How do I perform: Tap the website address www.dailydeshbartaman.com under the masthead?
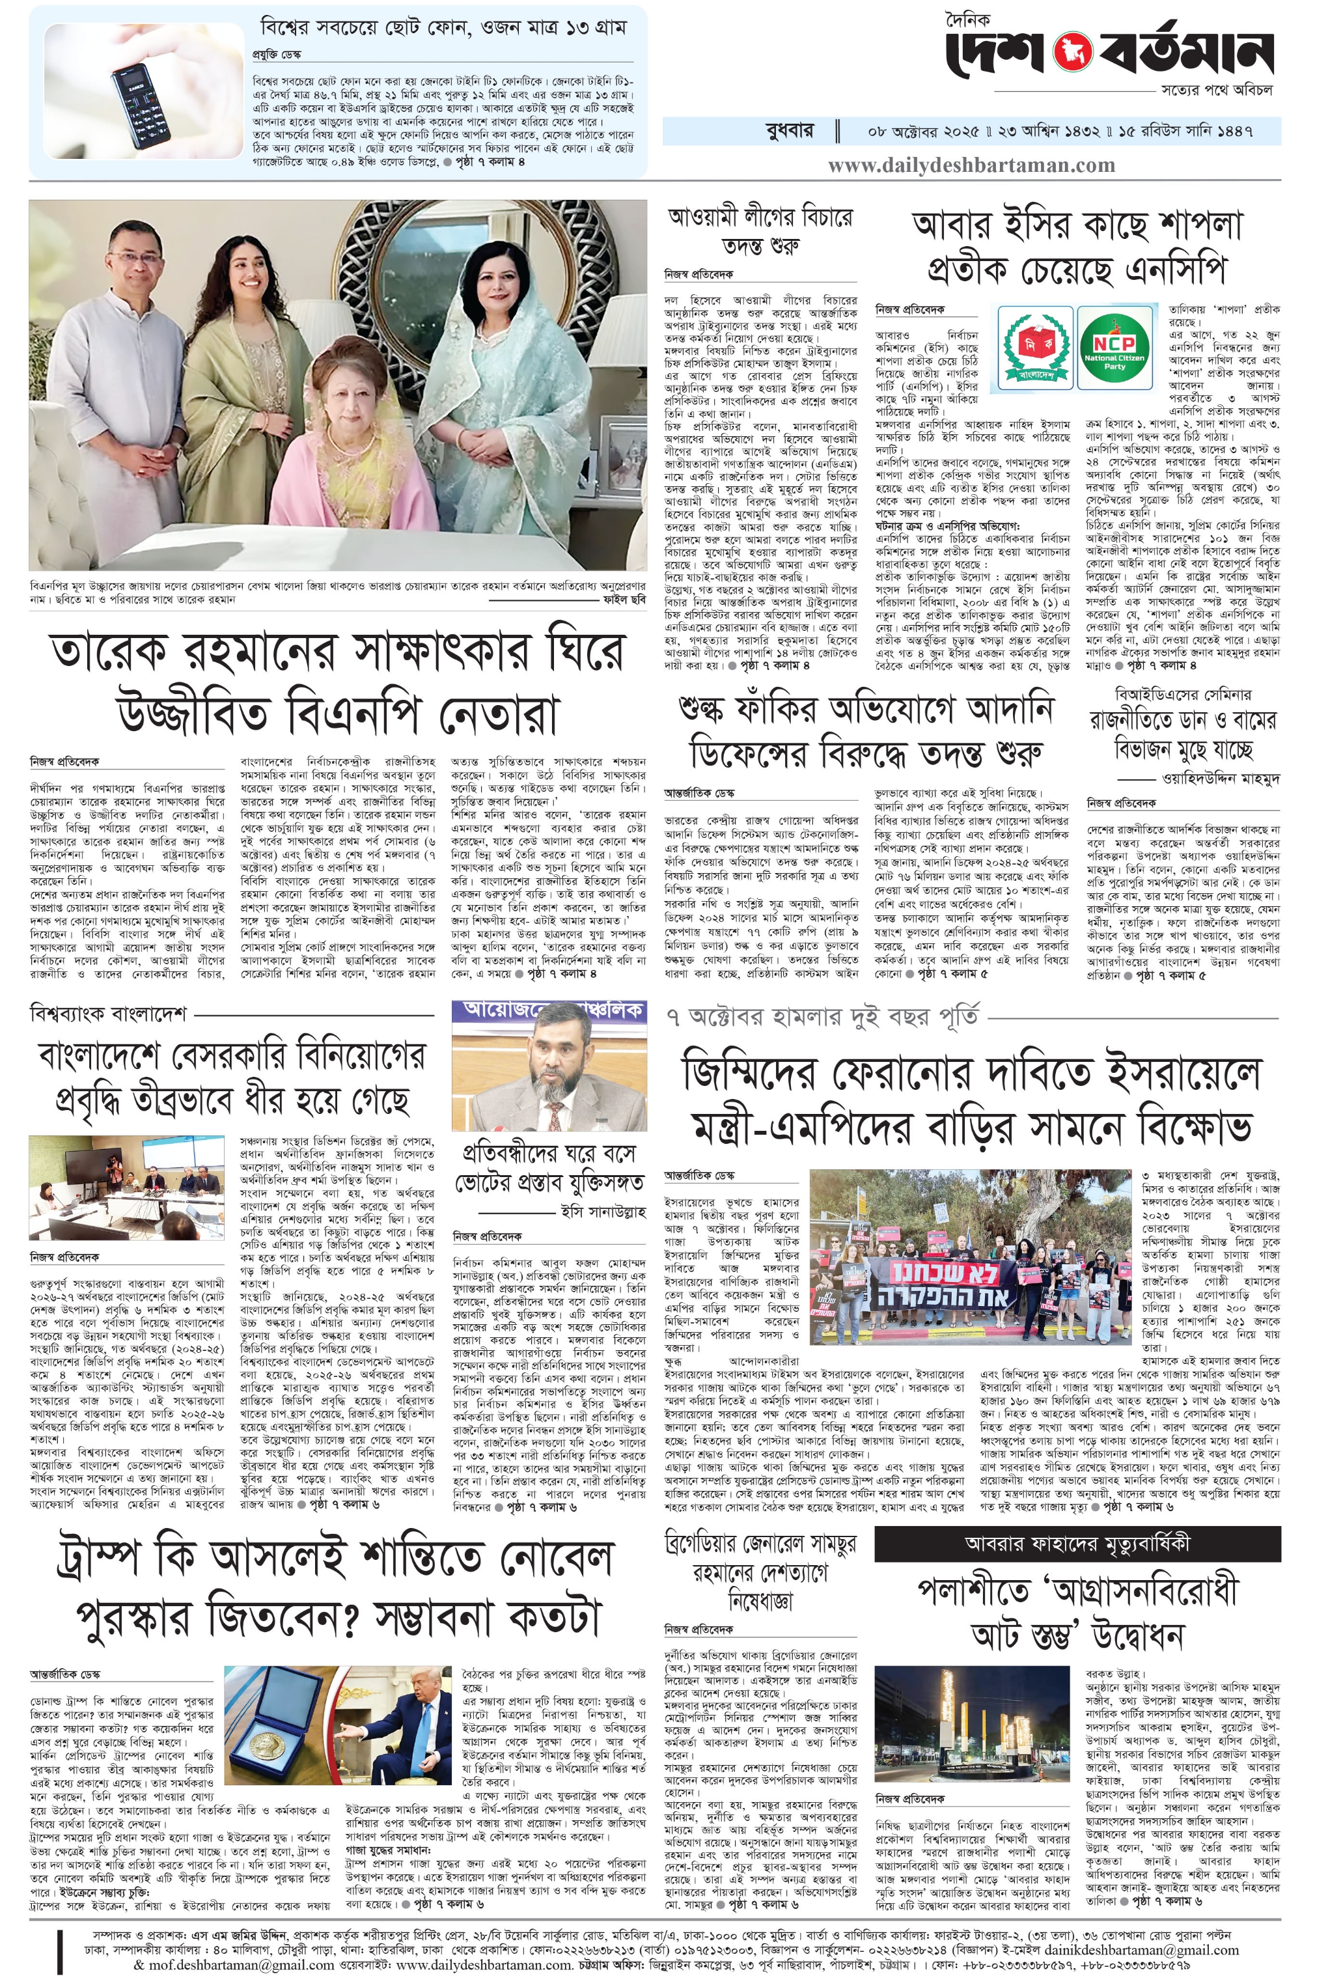(971, 165)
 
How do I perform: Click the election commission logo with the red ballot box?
(1033, 347)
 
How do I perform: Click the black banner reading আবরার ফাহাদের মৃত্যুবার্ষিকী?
(1077, 1543)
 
